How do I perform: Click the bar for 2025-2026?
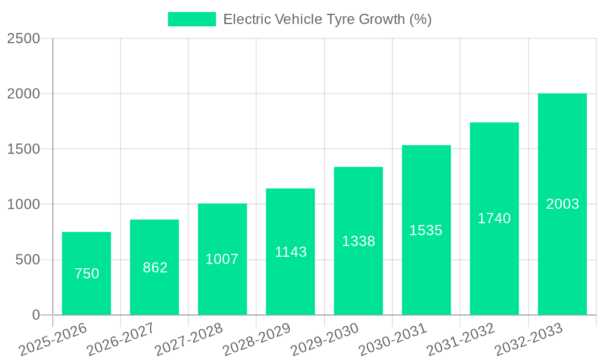coord(86,274)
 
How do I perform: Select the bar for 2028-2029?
coord(290,252)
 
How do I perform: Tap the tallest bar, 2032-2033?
coord(562,204)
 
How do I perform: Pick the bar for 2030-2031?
coord(426,230)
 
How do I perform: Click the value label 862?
coord(155,268)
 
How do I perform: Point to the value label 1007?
coord(222,259)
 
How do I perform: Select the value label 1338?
coord(358,241)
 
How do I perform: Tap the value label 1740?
coord(494,218)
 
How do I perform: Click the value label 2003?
coord(562,204)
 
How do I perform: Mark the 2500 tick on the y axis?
coord(23,38)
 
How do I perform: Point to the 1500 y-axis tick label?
coord(23,149)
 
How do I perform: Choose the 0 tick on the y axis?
coord(35,315)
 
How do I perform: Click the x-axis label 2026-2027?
coord(121,340)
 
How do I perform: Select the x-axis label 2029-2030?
coord(325,340)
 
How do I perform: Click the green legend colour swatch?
coord(191,19)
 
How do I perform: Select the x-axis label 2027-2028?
coord(188,340)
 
